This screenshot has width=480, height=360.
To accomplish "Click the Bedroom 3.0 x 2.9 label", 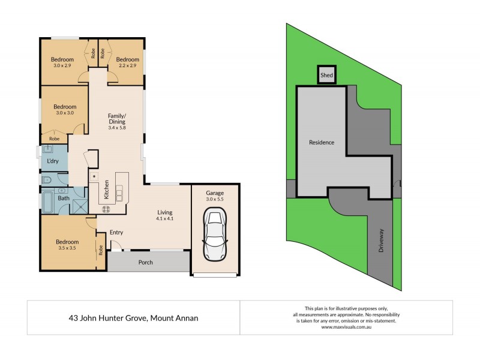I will coord(62,62).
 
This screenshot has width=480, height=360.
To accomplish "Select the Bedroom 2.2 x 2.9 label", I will coord(128,62).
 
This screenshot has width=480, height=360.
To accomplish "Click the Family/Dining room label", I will coord(116,122).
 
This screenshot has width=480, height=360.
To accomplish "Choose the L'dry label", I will coord(52,161).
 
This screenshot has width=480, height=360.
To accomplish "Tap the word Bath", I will coord(64,198).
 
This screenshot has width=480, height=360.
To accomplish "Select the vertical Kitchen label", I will coord(107,190).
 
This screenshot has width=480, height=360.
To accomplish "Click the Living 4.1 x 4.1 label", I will coord(165,215).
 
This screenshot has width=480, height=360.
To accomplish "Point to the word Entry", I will coord(116,233).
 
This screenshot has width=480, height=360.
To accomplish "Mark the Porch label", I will coord(145,262).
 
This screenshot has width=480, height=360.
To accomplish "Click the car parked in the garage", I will coord(215,234).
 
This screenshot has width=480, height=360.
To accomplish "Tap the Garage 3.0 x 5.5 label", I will coord(215,196).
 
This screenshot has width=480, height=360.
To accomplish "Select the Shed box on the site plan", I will coord(326,76).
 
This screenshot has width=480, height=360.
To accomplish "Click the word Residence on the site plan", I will coord(322,142).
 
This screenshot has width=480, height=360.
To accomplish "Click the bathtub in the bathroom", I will coord(48,203).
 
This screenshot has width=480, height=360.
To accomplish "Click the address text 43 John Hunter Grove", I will coord(133,318).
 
